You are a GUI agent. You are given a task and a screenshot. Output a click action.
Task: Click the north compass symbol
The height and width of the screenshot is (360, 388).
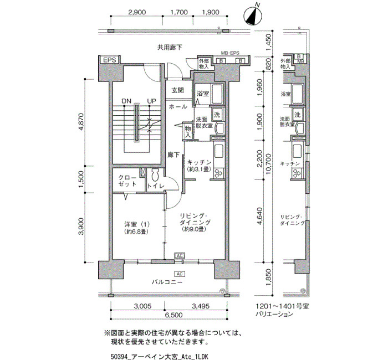tap(252, 16)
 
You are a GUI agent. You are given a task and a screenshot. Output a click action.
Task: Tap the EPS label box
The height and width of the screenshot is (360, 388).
tap(109, 60)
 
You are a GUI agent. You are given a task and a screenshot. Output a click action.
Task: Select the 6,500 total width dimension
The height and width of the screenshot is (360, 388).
tap(173, 315)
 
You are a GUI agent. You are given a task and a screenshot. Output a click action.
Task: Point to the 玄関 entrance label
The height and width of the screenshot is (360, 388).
tap(177, 90)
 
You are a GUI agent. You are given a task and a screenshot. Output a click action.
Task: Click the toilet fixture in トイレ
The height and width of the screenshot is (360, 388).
tap(155, 175)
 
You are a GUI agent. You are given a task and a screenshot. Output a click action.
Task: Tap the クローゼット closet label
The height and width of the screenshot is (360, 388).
tap(127, 181)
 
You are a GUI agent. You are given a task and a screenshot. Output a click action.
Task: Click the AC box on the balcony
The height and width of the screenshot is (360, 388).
tap(180, 274)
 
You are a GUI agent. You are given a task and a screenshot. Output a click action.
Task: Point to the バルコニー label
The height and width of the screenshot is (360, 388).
tap(167, 282)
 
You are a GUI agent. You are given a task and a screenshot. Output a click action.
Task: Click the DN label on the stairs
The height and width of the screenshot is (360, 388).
tap(126, 101)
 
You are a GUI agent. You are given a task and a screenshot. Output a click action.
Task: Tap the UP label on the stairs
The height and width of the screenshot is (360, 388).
tap(152, 101)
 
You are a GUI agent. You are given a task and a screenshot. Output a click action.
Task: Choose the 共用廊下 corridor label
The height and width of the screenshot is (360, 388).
tap(170, 47)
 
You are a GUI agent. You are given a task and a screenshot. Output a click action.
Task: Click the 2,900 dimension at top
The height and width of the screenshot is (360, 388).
tap(137, 12)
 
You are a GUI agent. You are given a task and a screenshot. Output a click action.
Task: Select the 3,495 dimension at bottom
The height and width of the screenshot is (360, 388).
tap(201, 306)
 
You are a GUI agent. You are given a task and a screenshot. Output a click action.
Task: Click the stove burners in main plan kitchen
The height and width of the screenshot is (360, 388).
tap(219, 173)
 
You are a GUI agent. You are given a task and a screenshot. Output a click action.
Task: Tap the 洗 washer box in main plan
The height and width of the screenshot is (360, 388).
tap(217, 115)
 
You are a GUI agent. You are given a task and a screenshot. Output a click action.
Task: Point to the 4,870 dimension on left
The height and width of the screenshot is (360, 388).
tap(81, 122)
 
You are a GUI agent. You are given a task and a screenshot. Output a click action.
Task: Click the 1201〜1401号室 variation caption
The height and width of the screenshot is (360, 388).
tap(282, 306)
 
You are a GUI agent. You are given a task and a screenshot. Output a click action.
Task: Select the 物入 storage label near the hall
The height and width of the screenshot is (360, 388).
tap(188, 132)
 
